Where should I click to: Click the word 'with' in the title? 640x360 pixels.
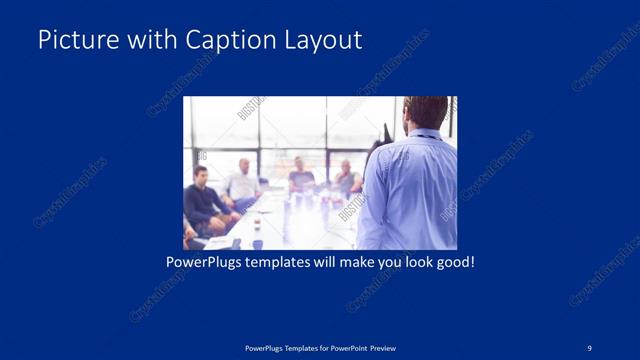click(146, 40)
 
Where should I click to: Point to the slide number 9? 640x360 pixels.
click(590, 347)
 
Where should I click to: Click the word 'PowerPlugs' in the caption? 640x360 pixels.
click(202, 263)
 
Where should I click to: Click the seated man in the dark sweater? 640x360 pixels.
click(201, 200)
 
